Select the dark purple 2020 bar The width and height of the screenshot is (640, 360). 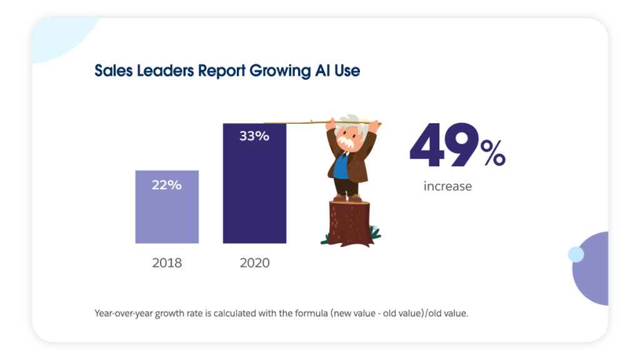254,194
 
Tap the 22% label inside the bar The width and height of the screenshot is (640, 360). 167,185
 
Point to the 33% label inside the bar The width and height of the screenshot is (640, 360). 254,136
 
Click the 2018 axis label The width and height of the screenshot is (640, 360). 167,262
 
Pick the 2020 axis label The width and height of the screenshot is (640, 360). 254,262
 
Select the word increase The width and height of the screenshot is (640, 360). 447,186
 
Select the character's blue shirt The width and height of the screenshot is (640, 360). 340,167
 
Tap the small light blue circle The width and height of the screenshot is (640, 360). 576,254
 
